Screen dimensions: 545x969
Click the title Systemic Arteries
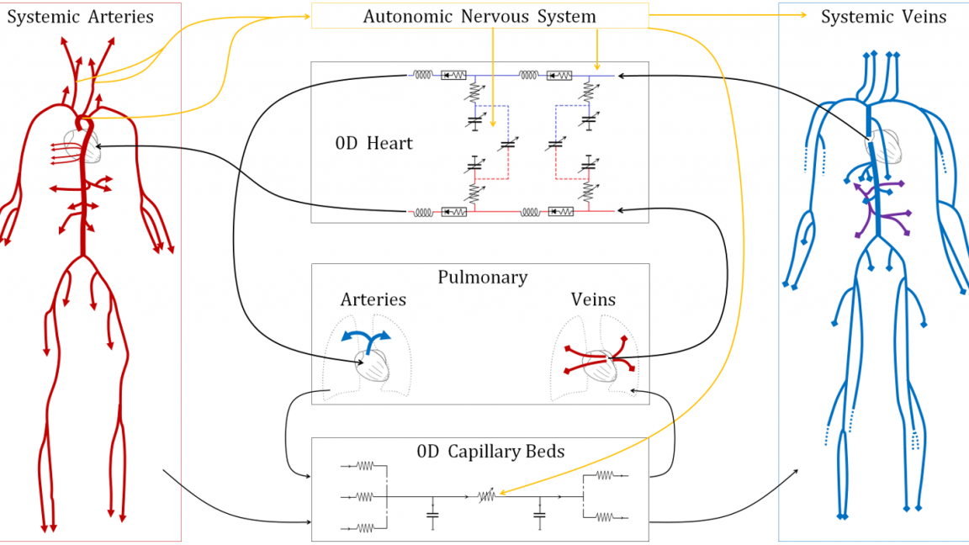pos(81,17)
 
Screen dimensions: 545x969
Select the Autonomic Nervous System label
pos(479,16)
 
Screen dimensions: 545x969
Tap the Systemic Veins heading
pos(883,17)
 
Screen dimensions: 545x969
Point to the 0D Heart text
pos(373,143)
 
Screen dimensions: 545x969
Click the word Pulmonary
pos(482,278)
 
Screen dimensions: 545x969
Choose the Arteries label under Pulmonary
pos(373,299)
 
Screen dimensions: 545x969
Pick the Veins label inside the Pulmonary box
pos(593,299)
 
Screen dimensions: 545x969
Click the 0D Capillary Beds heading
pos(490,452)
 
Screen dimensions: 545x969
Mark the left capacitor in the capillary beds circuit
pos(432,512)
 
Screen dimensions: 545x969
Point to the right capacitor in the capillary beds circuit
pos(540,512)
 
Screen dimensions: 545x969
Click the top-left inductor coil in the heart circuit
pos(422,75)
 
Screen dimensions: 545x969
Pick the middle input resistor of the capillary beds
pos(363,496)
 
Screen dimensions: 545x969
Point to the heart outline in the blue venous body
pos(880,143)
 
